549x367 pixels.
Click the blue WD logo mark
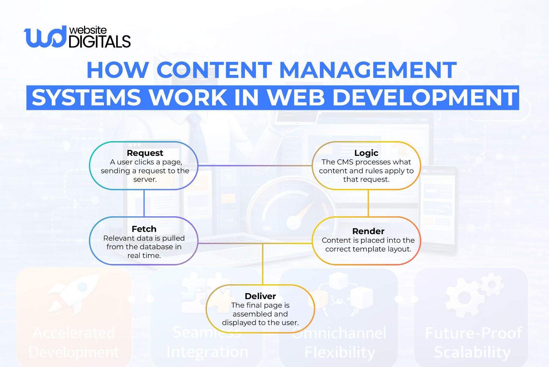click(x=45, y=37)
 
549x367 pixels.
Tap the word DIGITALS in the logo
click(x=100, y=42)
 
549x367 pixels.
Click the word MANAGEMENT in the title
click(x=368, y=70)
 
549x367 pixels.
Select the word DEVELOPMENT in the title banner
click(x=425, y=98)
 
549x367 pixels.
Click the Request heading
click(x=145, y=153)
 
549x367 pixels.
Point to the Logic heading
click(x=366, y=153)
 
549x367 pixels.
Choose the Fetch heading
click(x=144, y=229)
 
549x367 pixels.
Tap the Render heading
click(x=368, y=231)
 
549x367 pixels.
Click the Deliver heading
click(x=260, y=296)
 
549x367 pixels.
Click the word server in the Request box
click(x=144, y=180)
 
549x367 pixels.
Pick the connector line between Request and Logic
click(x=255, y=165)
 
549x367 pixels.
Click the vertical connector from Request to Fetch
click(x=144, y=203)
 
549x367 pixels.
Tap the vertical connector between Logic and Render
click(x=368, y=203)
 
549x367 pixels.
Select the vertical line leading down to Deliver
click(x=263, y=264)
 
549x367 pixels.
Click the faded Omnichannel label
click(x=339, y=333)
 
